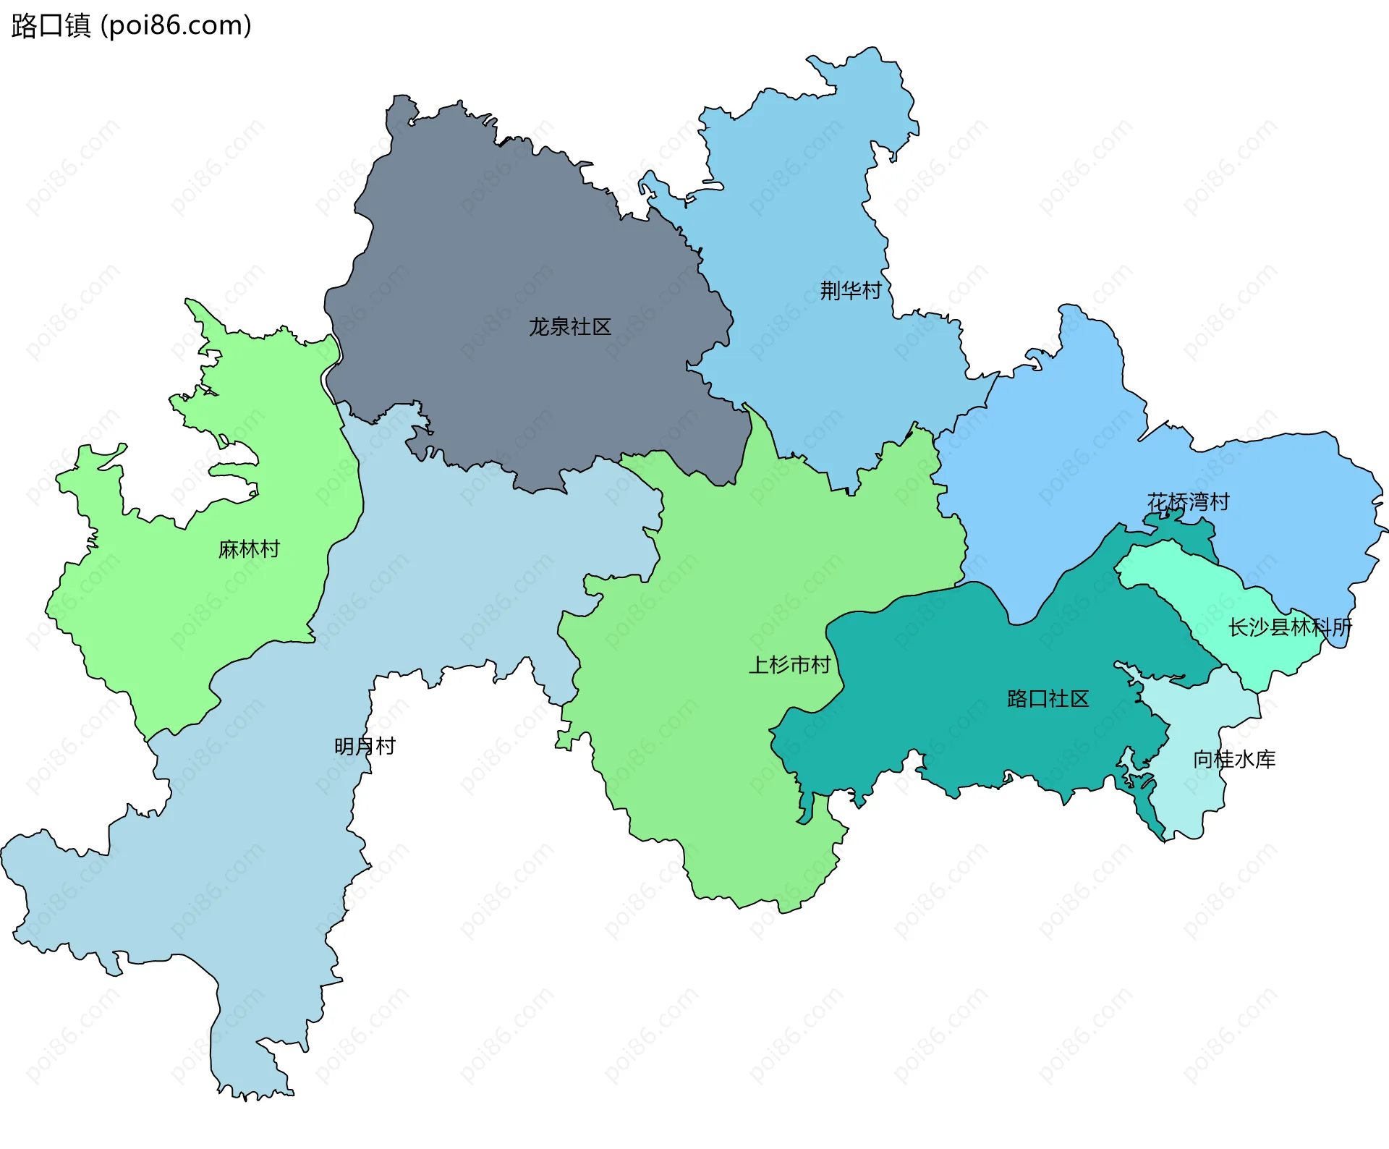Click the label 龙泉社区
coord(569,327)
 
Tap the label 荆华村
coord(850,291)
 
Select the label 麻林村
coord(249,549)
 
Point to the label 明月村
coord(365,746)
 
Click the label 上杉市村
coord(789,665)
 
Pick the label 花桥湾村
coord(1188,502)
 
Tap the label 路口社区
coord(1048,699)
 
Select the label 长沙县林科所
coord(1290,627)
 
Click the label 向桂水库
coord(1234,760)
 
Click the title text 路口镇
coord(51,25)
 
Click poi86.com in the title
coord(176,25)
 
